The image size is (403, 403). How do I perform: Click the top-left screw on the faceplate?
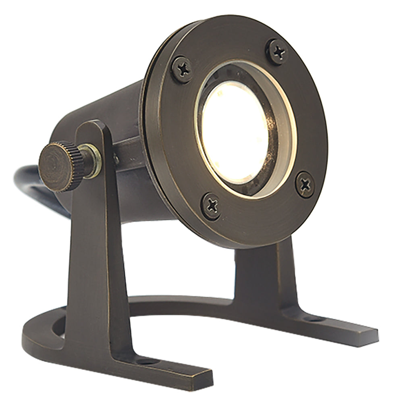click(x=182, y=70)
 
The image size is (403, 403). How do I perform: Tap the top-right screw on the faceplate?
click(x=278, y=51)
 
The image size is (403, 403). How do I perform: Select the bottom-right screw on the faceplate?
click(x=305, y=185)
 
